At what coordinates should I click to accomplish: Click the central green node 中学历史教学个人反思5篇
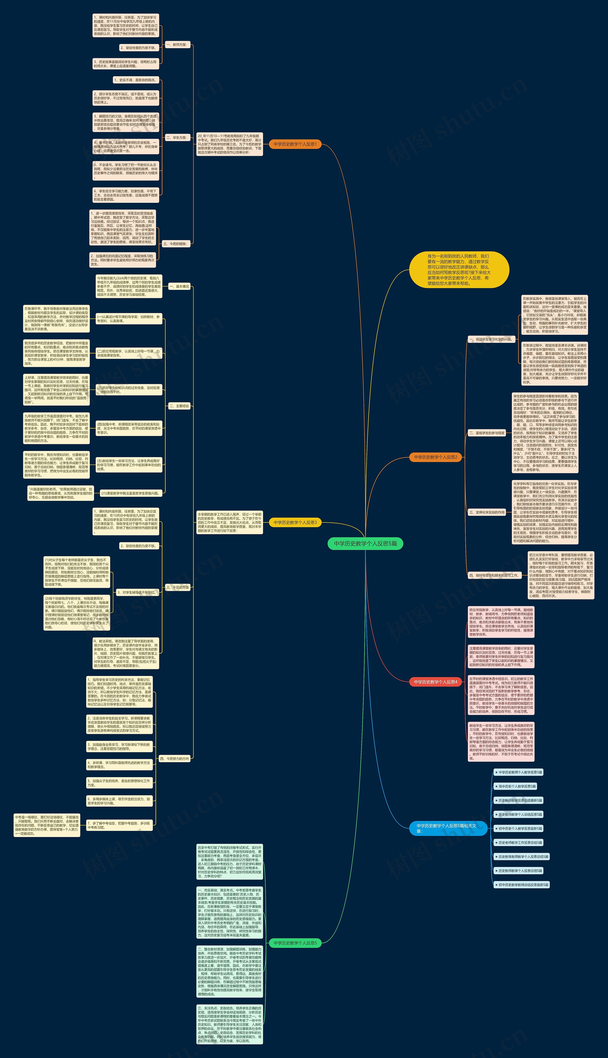coord(365,543)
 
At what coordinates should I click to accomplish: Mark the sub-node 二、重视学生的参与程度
coord(486,433)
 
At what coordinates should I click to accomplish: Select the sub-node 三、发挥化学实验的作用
coord(486,512)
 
